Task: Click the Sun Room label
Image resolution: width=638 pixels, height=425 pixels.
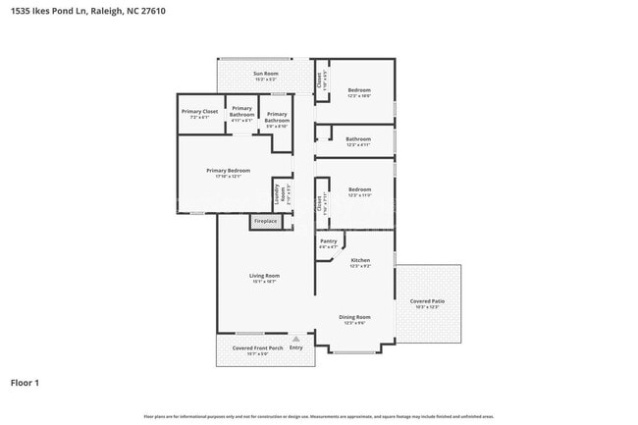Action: click(x=265, y=74)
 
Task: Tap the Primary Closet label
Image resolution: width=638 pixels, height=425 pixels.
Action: click(x=199, y=112)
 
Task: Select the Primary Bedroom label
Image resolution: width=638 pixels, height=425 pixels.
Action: click(x=228, y=171)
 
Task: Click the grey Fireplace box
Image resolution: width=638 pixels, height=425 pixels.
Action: click(x=265, y=222)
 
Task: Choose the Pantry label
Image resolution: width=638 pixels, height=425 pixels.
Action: click(x=328, y=240)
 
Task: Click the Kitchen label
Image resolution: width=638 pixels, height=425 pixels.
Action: click(x=360, y=260)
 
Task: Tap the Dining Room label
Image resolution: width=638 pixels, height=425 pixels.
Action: click(x=354, y=317)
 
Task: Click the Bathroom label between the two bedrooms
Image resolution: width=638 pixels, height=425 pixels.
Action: click(x=357, y=139)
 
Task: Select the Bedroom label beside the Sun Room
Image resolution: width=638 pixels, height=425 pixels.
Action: click(x=359, y=90)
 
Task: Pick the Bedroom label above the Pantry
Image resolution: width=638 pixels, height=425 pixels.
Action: click(x=359, y=189)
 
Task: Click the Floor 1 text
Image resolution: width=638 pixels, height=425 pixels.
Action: click(x=26, y=383)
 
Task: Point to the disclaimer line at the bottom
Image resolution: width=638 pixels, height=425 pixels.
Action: click(x=318, y=417)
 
